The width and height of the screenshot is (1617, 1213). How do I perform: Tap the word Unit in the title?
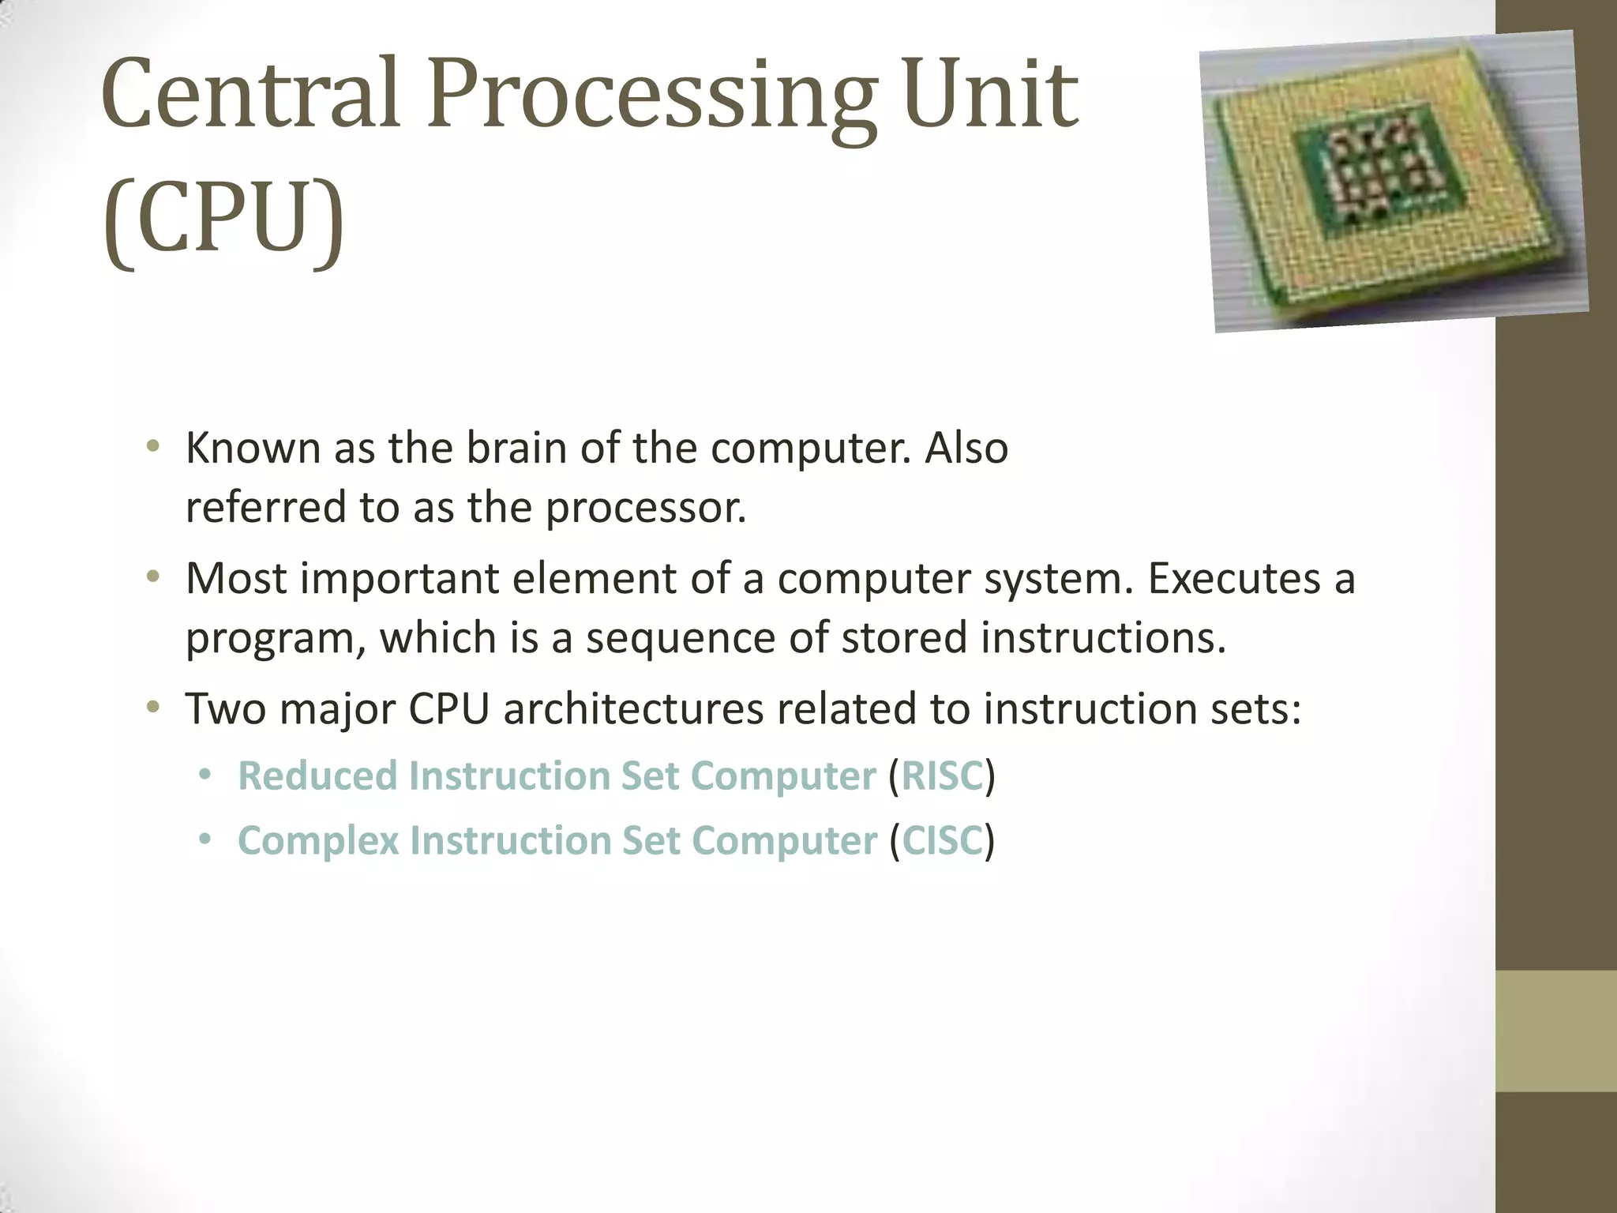pos(990,95)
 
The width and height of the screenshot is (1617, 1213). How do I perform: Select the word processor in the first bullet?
pos(646,508)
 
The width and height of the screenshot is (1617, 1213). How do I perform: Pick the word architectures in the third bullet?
pos(633,708)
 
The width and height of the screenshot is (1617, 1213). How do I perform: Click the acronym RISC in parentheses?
pos(942,775)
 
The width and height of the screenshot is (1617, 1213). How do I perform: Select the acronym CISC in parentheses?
pos(942,840)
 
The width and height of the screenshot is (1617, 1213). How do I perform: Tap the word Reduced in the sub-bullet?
pos(317,775)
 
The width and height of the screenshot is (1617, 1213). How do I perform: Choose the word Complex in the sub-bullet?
pos(318,840)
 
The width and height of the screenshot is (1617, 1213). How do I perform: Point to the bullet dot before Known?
pos(153,447)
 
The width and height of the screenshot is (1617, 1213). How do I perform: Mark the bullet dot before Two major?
pos(153,707)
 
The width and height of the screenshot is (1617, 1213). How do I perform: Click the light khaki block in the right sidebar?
pos(1556,1031)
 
